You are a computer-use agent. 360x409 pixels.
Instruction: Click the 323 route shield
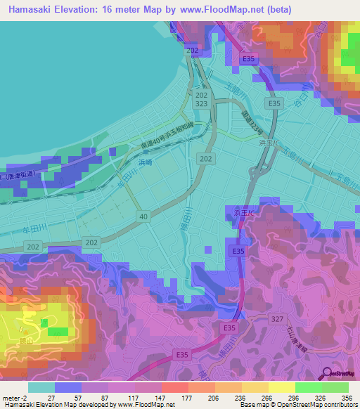pyautogui.click(x=202, y=103)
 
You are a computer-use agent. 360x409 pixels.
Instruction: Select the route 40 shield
pyautogui.click(x=143, y=218)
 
